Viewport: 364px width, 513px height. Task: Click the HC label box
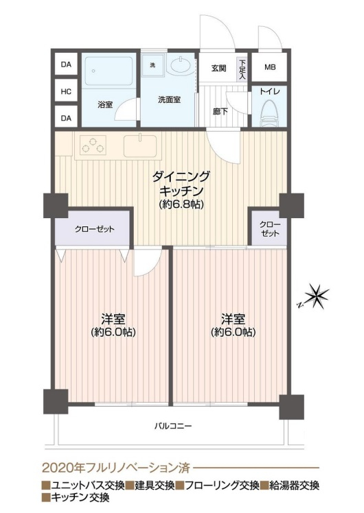tap(66, 91)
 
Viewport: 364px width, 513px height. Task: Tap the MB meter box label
tap(270, 67)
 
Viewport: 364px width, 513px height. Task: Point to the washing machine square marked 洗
tap(152, 65)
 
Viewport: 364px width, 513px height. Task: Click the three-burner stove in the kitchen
tap(93, 145)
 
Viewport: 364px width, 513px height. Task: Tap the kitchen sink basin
tap(140, 145)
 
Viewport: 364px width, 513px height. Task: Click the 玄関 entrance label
tap(218, 69)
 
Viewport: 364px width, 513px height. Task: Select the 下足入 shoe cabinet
tap(242, 69)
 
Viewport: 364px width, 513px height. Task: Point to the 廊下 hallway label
tap(220, 112)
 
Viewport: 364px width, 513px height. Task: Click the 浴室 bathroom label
tap(105, 105)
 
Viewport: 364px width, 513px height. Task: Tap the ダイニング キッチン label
tap(181, 184)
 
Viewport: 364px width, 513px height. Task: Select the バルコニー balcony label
tap(173, 426)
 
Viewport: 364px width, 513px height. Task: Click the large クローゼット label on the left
tap(94, 229)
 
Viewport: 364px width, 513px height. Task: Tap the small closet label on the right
tap(270, 229)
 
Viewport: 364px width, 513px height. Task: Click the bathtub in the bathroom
tap(109, 71)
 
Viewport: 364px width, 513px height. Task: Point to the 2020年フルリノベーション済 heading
tap(116, 468)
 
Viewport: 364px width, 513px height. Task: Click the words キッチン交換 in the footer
tap(79, 498)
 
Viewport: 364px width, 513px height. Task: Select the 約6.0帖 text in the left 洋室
tap(113, 332)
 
